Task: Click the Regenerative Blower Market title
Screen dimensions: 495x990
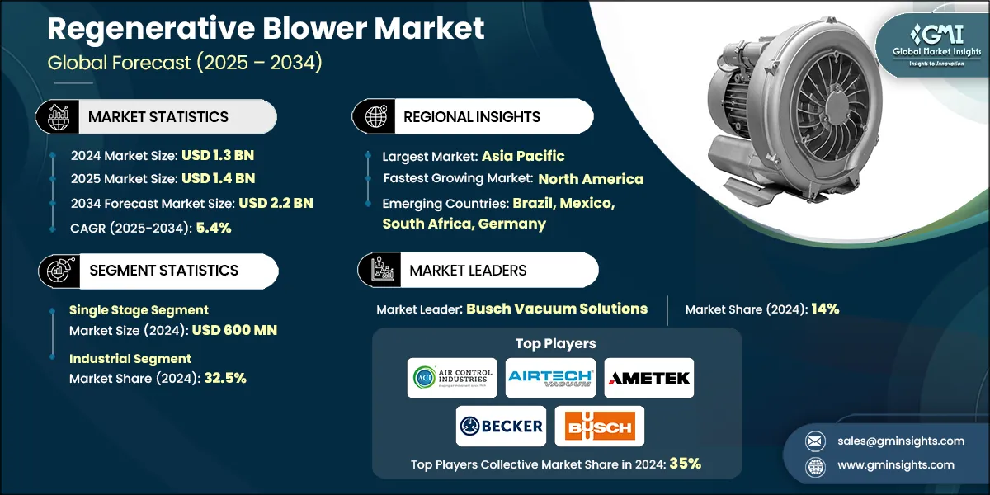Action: click(266, 30)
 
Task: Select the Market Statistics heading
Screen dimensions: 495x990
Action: click(158, 117)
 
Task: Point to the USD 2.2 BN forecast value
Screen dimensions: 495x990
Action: click(276, 203)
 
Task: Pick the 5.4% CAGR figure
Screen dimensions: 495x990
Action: click(213, 228)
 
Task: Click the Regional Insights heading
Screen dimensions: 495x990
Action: click(471, 117)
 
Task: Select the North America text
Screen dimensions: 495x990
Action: click(591, 179)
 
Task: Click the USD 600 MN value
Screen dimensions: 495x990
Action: click(234, 330)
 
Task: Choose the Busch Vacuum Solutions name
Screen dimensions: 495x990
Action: click(557, 309)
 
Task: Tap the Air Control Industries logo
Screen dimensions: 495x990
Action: click(451, 378)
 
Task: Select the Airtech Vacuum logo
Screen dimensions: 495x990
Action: click(550, 378)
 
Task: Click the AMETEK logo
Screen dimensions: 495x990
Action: click(649, 378)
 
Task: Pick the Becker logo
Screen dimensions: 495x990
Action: click(501, 426)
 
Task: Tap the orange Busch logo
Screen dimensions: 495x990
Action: click(600, 426)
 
